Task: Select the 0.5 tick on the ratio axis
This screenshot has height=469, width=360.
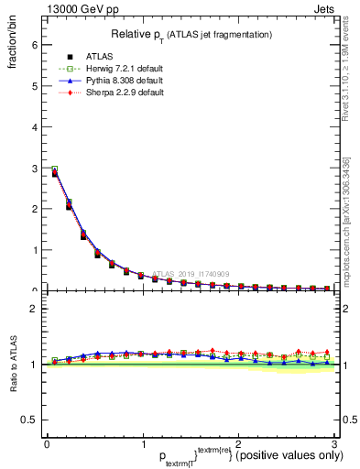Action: [x=29, y=420]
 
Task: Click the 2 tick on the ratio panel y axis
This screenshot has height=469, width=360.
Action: [x=34, y=309]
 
